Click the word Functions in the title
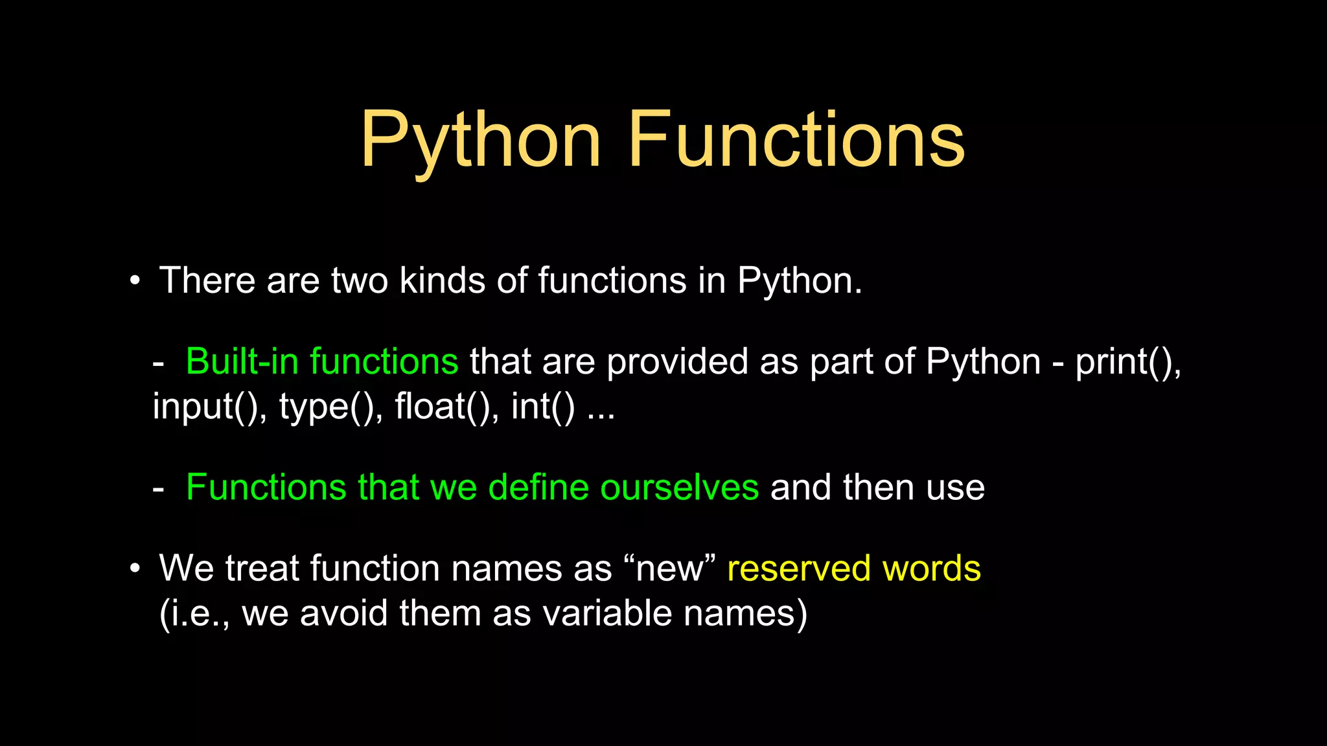point(796,140)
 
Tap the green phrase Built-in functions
point(322,361)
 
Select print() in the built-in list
point(1127,361)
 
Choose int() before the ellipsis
point(542,407)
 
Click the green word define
point(538,488)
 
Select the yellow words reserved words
point(854,569)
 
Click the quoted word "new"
point(669,569)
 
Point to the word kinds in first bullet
point(443,280)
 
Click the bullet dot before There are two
point(134,282)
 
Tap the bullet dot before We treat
point(134,569)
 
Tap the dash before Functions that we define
point(158,490)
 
